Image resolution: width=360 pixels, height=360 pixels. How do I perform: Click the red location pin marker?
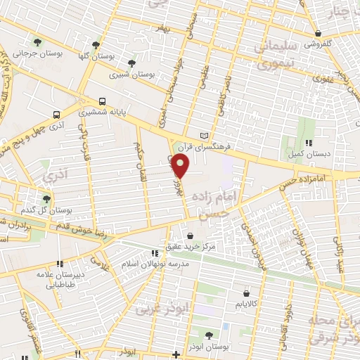pos(181,167)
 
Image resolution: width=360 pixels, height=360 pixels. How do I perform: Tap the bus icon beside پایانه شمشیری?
pos(103,101)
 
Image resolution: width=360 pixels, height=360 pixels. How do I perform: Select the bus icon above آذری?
pos(56,113)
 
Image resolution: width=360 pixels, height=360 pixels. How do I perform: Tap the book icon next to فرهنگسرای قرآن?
pos(205,135)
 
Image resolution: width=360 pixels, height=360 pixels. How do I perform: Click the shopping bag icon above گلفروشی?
pos(319,32)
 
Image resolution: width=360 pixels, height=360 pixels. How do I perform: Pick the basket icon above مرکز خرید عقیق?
pos(190,235)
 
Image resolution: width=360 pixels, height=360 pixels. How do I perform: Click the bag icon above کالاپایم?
pos(245,293)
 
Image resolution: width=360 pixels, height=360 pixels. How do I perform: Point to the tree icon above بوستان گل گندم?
pos(46,200)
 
